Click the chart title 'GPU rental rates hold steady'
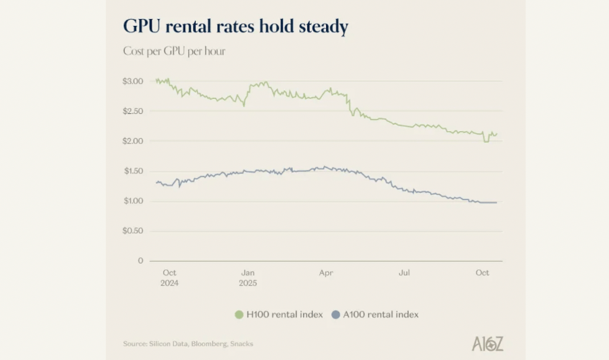coord(235,27)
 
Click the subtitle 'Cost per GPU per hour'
coord(174,51)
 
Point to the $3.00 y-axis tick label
coord(133,81)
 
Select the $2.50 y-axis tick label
coord(133,111)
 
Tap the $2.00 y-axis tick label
coord(133,141)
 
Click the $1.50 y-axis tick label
coord(133,171)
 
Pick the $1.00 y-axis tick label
coord(133,201)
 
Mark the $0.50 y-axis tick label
coord(133,231)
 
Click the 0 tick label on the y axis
coord(140,261)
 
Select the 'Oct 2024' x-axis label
coord(170,278)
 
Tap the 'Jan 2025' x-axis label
coord(248,278)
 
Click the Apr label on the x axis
coord(326,273)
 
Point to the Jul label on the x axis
coord(404,273)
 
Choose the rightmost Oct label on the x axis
coord(482,273)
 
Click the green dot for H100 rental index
coord(240,315)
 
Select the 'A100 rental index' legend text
coord(381,315)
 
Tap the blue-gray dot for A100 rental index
coord(336,315)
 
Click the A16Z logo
coord(487,343)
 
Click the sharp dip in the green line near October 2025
coord(486,141)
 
